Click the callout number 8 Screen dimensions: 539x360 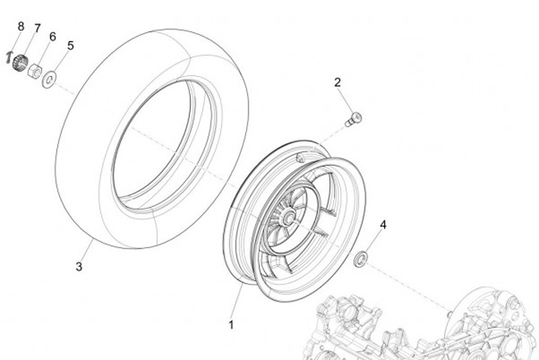pos(21,26)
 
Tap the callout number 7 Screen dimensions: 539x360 pos(37,28)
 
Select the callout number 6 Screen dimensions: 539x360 pos(52,36)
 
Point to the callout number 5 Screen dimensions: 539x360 pos(70,45)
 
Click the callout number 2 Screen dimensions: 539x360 pos(338,82)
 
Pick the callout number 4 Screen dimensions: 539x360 pos(383,225)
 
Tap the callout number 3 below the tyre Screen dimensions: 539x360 pos(78,266)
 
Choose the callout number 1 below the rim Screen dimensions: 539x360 pos(231,325)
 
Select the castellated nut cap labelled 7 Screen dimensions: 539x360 pos(20,61)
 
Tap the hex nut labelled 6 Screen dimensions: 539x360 pos(34,71)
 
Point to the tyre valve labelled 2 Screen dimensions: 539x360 pos(353,118)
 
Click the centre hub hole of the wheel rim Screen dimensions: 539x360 pos(287,218)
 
